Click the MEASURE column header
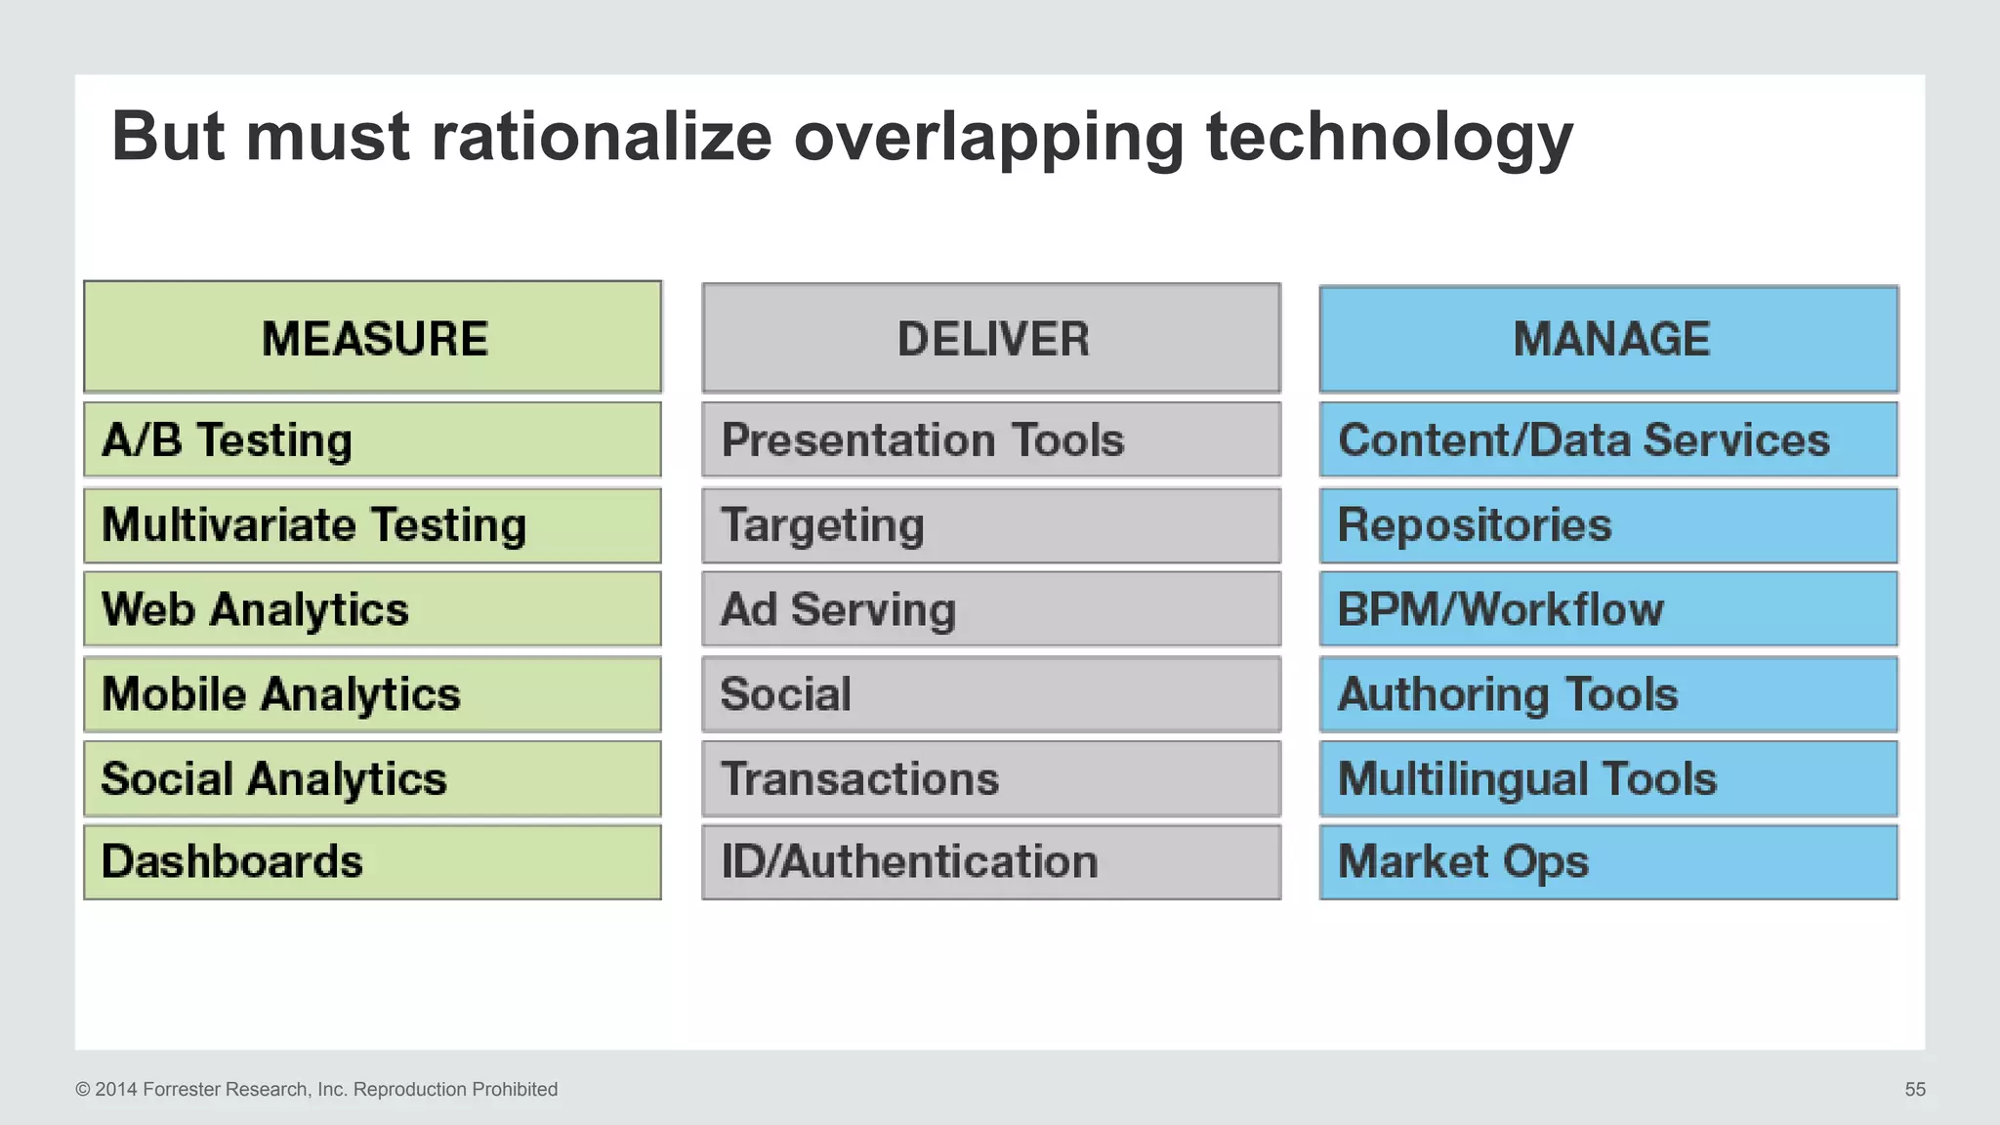pyautogui.click(x=372, y=338)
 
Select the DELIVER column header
pyautogui.click(x=991, y=339)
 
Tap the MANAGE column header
pyautogui.click(x=1608, y=339)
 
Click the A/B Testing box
pyautogui.click(x=372, y=439)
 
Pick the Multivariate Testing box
pyautogui.click(x=372, y=525)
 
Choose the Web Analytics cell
pyautogui.click(x=372, y=609)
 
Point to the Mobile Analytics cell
pyautogui.click(x=372, y=694)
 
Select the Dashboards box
pyautogui.click(x=372, y=862)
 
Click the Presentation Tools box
pyautogui.click(x=991, y=439)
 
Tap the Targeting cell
pyautogui.click(x=991, y=525)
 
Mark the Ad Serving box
pyautogui.click(x=991, y=609)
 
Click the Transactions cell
pyautogui.click(x=991, y=778)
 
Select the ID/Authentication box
pyautogui.click(x=991, y=862)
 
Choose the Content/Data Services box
pyautogui.click(x=1608, y=439)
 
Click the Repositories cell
pyautogui.click(x=1608, y=525)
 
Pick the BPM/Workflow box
pyautogui.click(x=1608, y=609)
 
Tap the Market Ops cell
pyautogui.click(x=1608, y=862)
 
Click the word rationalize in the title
pyautogui.click(x=602, y=136)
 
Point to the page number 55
pyautogui.click(x=1915, y=1089)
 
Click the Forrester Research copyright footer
pyautogui.click(x=316, y=1089)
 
